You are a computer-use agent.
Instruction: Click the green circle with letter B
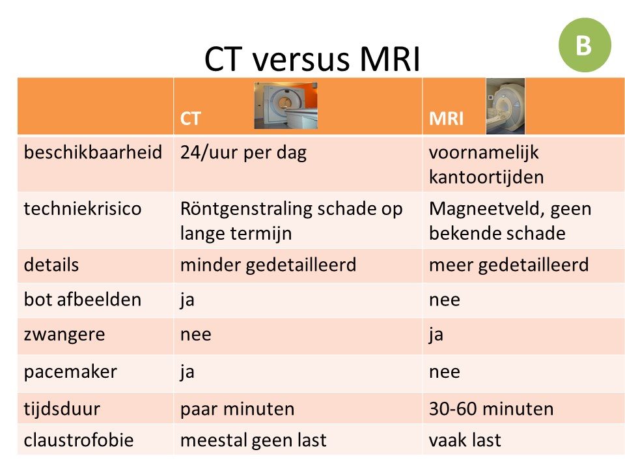tap(585, 45)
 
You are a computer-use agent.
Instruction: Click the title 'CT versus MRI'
tap(312, 59)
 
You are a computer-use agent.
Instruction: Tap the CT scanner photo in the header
tap(286, 106)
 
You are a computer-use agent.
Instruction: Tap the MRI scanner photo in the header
tap(505, 106)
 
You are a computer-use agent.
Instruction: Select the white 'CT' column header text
tap(190, 119)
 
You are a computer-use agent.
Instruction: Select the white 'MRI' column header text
tap(447, 119)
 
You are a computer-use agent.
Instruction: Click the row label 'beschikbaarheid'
tap(93, 152)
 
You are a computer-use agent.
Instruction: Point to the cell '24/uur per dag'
tap(243, 152)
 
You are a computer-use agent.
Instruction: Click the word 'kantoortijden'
tap(486, 177)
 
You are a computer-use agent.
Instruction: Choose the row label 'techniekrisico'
tap(83, 208)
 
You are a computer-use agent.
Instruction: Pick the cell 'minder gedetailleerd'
tap(268, 265)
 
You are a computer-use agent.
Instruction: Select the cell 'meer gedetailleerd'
tap(508, 265)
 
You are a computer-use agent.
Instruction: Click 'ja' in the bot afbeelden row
tap(187, 300)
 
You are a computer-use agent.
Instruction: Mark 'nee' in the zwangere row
tap(196, 335)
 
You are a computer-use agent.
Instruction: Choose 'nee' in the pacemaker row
tap(445, 372)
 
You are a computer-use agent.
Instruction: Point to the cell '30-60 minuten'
tap(491, 409)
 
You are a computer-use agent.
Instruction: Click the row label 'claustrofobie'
tap(79, 440)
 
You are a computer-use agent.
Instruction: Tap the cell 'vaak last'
tap(465, 440)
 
